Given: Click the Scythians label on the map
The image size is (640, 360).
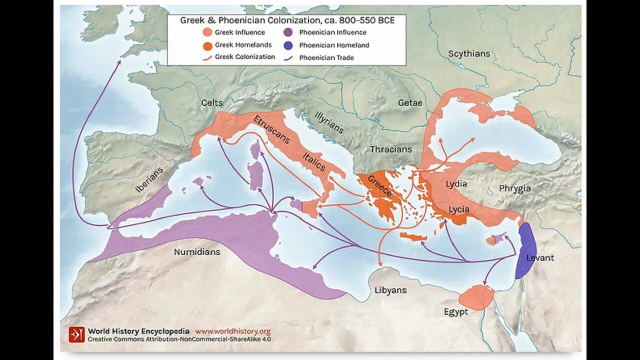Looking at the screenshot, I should tap(468, 53).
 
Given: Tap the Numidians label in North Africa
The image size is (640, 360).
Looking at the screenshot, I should tap(196, 252).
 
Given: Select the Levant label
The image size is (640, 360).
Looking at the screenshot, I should tap(540, 258).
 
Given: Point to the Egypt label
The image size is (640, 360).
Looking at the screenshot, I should tap(455, 312).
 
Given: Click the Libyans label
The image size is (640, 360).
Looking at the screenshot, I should tap(390, 290).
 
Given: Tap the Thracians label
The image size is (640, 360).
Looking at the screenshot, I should tap(390, 149).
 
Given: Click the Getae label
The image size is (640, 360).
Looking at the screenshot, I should tap(410, 102).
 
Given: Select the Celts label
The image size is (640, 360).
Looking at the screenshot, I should tap(211, 102).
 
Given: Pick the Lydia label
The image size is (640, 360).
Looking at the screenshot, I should tap(455, 183).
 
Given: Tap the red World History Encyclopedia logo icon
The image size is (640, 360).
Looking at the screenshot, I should tap(77, 334).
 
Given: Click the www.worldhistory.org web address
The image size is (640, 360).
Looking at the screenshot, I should tap(232, 331).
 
